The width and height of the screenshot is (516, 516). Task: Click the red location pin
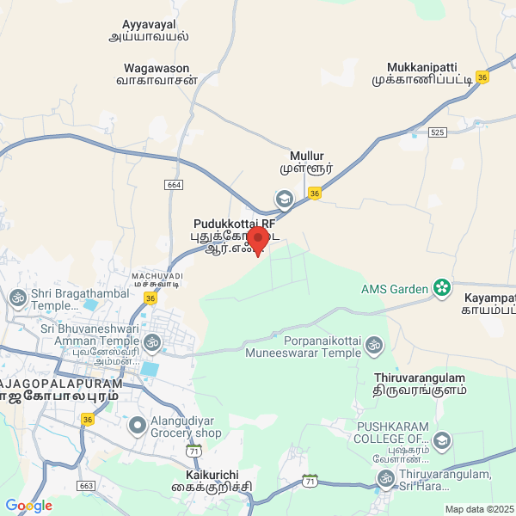(x=257, y=240)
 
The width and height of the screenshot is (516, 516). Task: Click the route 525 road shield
(x=438, y=132)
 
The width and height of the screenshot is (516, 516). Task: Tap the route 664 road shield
(x=175, y=185)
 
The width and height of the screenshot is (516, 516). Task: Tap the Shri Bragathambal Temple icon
(x=17, y=298)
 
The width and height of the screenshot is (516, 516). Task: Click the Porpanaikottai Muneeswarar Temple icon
(x=374, y=345)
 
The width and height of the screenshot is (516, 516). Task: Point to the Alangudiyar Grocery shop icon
(x=137, y=426)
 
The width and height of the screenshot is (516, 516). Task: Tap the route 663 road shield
(x=85, y=486)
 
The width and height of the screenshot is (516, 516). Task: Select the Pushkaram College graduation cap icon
(x=441, y=442)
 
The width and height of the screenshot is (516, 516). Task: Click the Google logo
(x=28, y=506)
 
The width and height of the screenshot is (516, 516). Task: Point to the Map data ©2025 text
(x=478, y=509)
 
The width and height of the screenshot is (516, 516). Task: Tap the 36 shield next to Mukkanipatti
(x=482, y=77)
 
